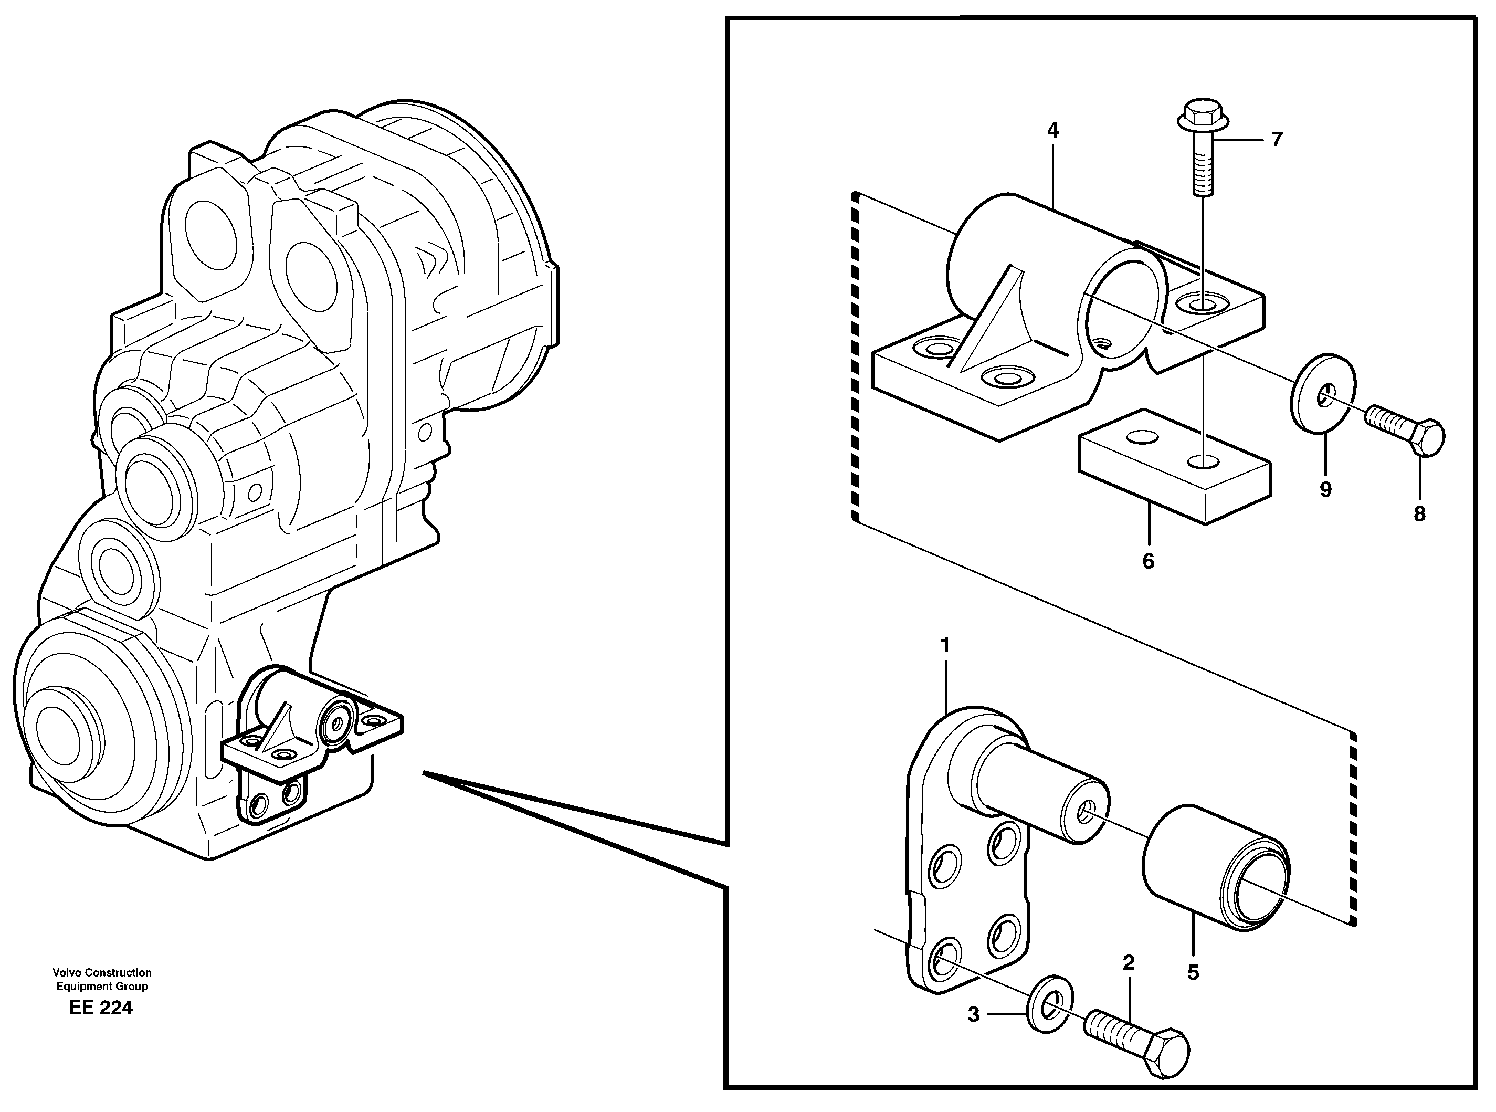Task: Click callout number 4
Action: tap(1052, 131)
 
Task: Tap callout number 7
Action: tap(1277, 140)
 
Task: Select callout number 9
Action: tap(1325, 489)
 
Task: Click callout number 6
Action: tap(1148, 561)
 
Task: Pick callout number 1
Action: tap(945, 646)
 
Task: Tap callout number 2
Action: tap(1129, 962)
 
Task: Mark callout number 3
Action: tap(973, 1015)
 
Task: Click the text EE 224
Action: tap(101, 1009)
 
